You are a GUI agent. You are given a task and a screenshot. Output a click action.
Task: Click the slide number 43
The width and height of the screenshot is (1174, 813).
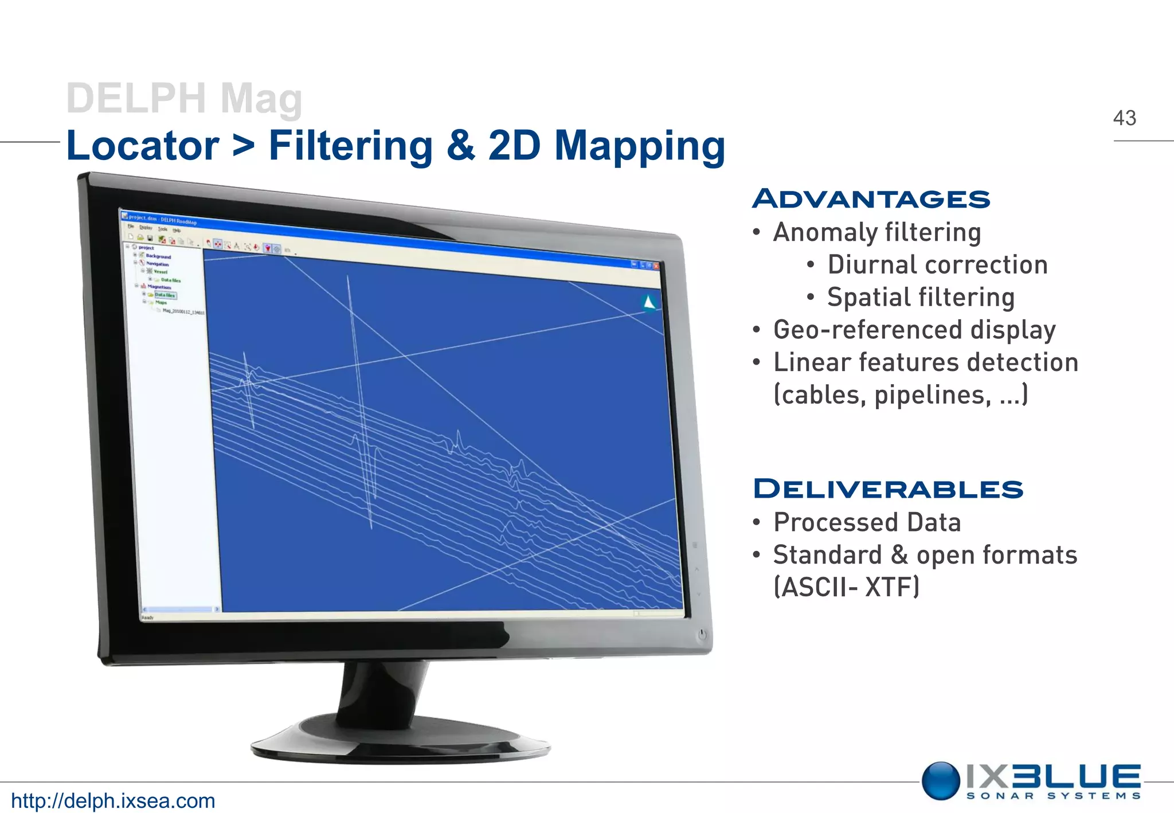click(1124, 118)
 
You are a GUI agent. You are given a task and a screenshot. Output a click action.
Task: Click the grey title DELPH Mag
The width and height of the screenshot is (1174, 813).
click(184, 99)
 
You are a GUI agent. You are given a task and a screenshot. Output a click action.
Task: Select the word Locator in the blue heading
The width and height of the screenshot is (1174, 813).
click(143, 146)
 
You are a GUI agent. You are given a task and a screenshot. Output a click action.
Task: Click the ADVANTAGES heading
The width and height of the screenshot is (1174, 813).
click(871, 199)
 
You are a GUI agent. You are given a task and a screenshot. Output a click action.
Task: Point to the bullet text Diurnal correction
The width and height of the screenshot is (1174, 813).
click(937, 265)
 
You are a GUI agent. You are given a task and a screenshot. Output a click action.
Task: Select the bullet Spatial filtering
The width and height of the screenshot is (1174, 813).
click(920, 297)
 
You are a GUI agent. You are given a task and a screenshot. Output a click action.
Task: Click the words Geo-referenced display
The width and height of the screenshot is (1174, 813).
click(914, 330)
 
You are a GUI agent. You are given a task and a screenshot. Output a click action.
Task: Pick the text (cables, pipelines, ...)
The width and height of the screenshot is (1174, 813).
click(900, 395)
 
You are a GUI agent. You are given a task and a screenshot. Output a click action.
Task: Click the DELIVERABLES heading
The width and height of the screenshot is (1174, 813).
click(887, 489)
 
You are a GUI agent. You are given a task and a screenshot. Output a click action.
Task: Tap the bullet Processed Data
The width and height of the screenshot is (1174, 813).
click(867, 522)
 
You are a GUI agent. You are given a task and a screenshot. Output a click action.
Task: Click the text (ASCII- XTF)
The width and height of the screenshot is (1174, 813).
click(846, 587)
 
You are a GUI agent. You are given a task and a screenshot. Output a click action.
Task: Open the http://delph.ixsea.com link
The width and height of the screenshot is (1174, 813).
click(113, 800)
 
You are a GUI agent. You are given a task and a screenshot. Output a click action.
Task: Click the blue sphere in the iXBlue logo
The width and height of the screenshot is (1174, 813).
click(941, 780)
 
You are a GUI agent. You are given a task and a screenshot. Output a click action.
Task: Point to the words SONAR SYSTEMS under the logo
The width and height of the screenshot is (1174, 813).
click(1053, 796)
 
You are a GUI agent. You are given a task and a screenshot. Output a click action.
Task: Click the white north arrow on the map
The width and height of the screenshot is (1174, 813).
click(649, 302)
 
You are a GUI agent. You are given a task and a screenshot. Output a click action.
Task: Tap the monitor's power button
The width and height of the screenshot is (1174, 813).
click(702, 634)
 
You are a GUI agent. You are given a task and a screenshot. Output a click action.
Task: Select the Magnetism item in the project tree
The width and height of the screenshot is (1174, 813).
click(159, 287)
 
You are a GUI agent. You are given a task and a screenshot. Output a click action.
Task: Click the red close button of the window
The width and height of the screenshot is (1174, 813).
click(656, 266)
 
